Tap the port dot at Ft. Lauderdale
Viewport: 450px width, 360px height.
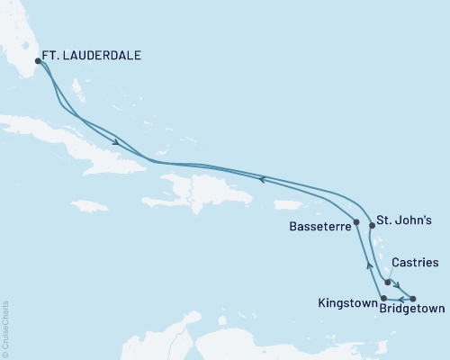pos(38,61)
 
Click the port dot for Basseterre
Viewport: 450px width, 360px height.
pos(357,222)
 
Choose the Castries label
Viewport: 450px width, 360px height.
pos(417,264)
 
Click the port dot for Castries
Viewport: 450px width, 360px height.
pos(388,282)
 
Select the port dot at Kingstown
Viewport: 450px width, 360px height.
pos(384,298)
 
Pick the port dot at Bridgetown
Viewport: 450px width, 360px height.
pos(412,298)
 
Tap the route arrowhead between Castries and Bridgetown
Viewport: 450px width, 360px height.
pos(400,290)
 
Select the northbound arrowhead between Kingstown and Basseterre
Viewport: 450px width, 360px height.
pos(367,265)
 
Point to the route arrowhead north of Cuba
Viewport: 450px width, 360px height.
pos(117,141)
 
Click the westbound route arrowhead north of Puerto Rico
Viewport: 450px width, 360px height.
pos(261,179)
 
